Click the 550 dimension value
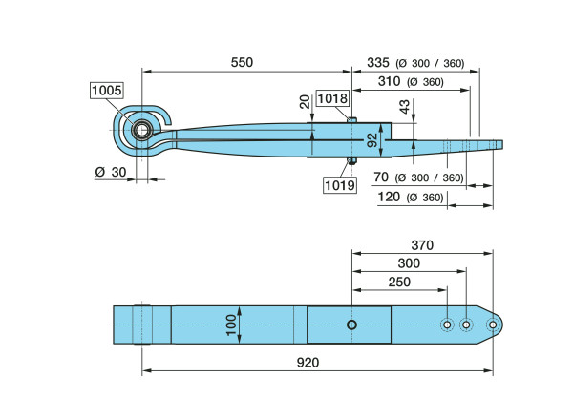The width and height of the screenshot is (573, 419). pos(242,62)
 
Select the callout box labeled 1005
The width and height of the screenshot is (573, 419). pos(107,91)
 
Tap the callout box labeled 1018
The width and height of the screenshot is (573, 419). pos(332,97)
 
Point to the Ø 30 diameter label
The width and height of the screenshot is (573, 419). pos(110,172)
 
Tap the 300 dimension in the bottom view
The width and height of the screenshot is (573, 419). pos(410,262)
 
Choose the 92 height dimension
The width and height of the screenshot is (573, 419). pos(373,141)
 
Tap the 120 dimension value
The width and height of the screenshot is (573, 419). pos(389,198)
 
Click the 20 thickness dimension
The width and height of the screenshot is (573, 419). pos(305,102)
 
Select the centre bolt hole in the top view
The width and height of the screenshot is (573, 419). pos(352,325)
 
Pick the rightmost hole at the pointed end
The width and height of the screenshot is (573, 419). pos(493,325)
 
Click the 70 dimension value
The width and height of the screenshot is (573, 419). pos(380,178)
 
